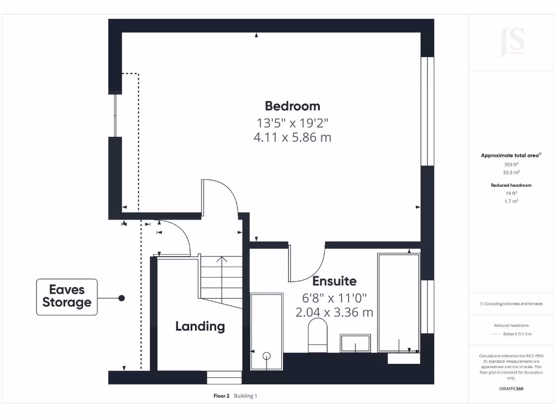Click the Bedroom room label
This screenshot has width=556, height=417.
pyautogui.click(x=292, y=106)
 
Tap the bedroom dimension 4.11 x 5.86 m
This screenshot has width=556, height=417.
pyautogui.click(x=292, y=137)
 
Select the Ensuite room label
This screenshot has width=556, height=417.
pyautogui.click(x=334, y=281)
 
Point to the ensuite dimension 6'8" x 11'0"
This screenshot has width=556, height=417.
pyautogui.click(x=334, y=298)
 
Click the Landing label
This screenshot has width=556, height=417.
pyautogui.click(x=200, y=326)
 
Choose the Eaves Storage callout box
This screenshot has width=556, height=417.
pyautogui.click(x=67, y=297)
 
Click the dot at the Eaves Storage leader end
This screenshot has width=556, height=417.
pyautogui.click(x=122, y=298)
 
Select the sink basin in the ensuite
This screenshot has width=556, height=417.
pyautogui.click(x=355, y=344)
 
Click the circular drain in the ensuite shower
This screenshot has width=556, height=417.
pyautogui.click(x=266, y=356)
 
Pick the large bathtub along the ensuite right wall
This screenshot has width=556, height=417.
pyautogui.click(x=399, y=302)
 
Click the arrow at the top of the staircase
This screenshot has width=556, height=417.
pyautogui.click(x=222, y=260)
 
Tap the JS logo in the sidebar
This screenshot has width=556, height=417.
pyautogui.click(x=511, y=42)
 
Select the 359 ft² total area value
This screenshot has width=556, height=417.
pyautogui.click(x=511, y=164)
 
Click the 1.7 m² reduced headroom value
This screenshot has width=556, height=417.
pyautogui.click(x=511, y=201)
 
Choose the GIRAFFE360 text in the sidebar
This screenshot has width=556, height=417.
pyautogui.click(x=511, y=389)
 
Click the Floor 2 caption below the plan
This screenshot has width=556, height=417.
pyautogui.click(x=223, y=396)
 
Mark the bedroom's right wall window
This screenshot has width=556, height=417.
pyautogui.click(x=428, y=111)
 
